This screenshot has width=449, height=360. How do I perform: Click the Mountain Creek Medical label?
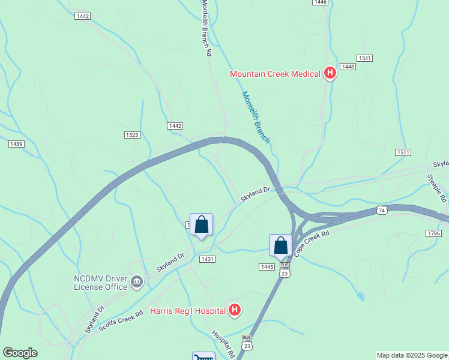tap(276, 74)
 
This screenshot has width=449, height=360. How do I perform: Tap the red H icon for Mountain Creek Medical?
tap(330, 73)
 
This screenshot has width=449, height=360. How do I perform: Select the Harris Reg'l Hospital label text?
tap(188, 311)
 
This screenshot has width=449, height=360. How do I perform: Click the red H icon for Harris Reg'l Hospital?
tap(235, 310)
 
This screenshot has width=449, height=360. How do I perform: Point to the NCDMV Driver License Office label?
tap(100, 283)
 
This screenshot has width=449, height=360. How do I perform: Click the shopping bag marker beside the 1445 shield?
tap(280, 246)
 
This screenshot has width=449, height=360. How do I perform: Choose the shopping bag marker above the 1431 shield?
tap(201, 225)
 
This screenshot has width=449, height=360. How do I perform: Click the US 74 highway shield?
tap(382, 210)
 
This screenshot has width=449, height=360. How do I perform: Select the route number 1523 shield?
tap(132, 135)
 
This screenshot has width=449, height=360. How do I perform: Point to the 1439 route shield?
tap(16, 144)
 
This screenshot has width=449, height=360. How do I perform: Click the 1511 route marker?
tap(403, 153)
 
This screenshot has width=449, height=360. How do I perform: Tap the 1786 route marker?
tap(433, 233)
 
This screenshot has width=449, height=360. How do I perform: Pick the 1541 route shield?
tap(364, 58)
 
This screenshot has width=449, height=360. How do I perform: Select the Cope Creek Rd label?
tap(313, 242)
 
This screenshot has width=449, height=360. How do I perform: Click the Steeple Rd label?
tap(436, 188)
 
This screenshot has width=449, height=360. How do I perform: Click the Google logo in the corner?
tap(20, 353)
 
